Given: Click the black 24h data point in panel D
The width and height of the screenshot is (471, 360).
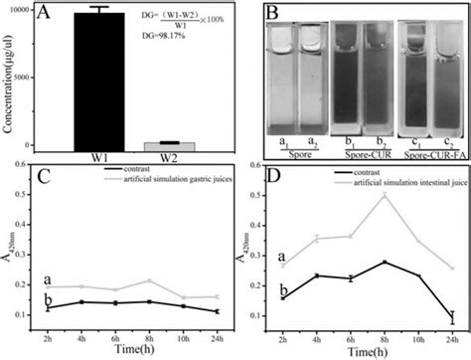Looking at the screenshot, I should point(453,318).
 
